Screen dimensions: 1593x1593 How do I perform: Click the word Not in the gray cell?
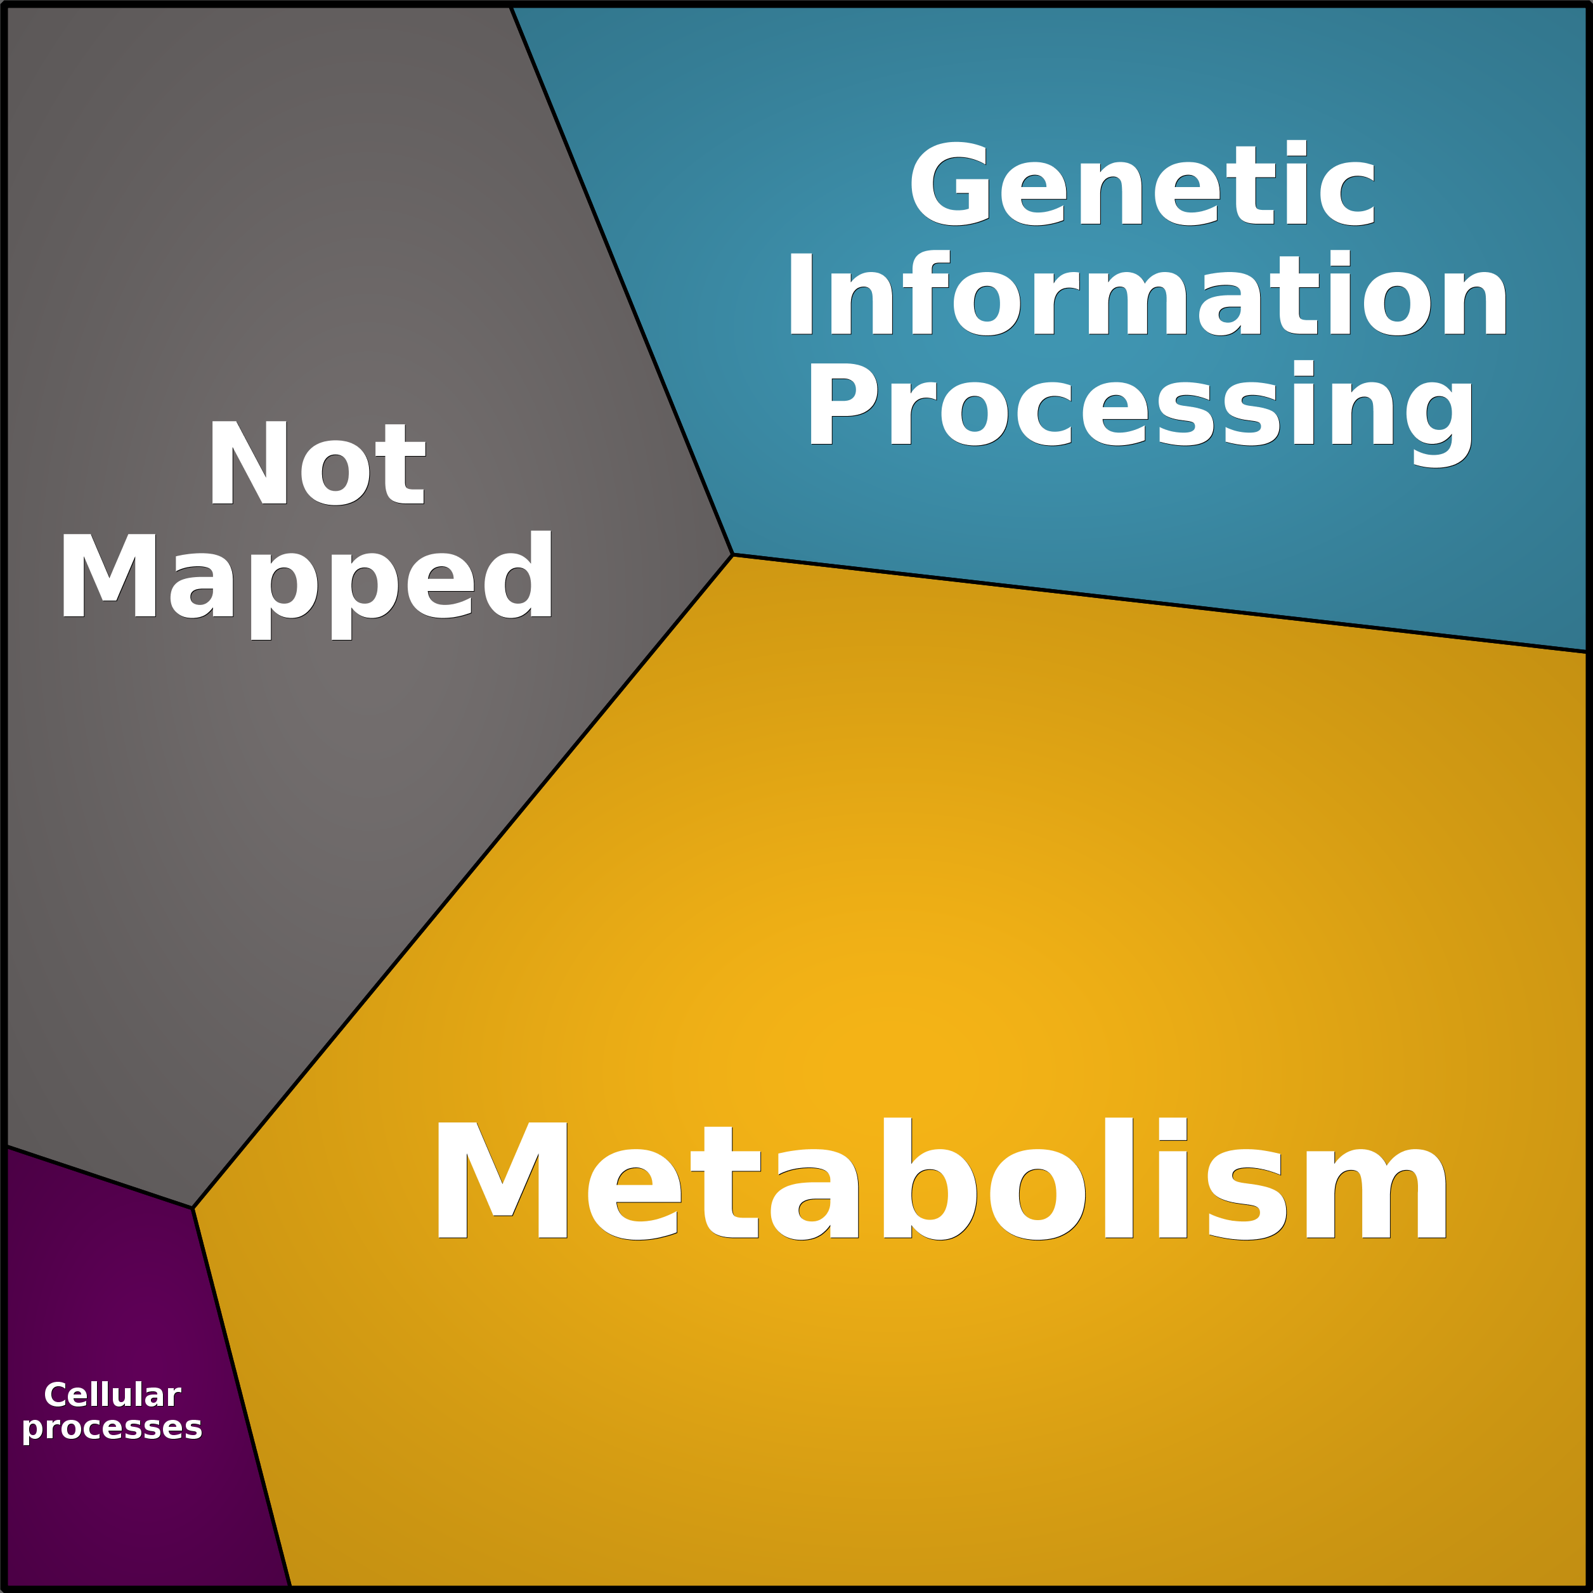pyautogui.click(x=318, y=462)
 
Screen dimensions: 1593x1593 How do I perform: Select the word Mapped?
pyautogui.click(x=306, y=585)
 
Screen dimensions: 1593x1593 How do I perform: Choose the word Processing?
pyautogui.click(x=1140, y=412)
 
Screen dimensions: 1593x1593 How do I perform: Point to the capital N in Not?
pyautogui.click(x=248, y=462)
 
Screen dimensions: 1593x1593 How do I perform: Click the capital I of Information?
pyautogui.click(x=802, y=294)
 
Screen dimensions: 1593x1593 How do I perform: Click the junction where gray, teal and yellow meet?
pyautogui.click(x=732, y=554)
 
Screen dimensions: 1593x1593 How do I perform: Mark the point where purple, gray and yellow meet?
pyautogui.click(x=193, y=1208)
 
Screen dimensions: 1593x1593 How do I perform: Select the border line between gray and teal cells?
pyautogui.click(x=621, y=280)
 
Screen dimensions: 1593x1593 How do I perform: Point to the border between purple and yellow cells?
pyautogui.click(x=242, y=1397)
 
